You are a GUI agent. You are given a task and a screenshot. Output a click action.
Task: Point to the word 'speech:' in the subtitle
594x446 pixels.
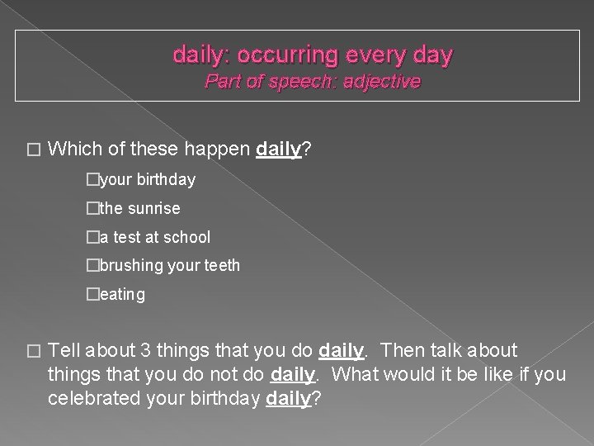click(x=295, y=82)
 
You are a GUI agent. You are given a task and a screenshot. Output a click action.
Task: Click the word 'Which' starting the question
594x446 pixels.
click(x=73, y=149)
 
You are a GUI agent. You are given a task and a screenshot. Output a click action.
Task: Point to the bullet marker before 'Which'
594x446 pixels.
click(x=33, y=151)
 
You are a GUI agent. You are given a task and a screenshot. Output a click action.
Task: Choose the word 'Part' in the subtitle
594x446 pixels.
click(x=224, y=82)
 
